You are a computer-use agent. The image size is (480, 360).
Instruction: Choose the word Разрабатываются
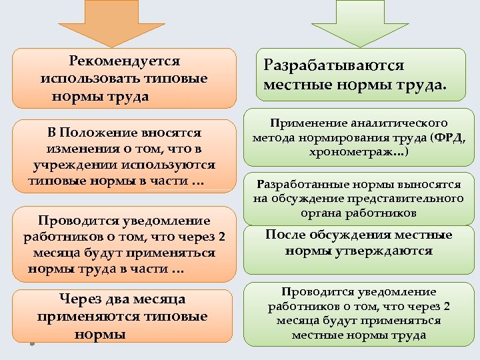click(x=334, y=65)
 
